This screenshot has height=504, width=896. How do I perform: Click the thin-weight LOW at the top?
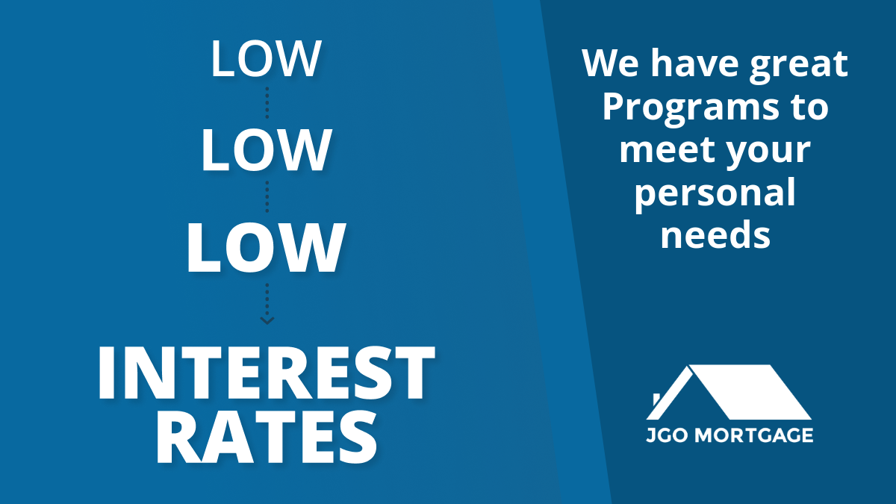click(266, 59)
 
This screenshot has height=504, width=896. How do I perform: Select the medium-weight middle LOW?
click(266, 150)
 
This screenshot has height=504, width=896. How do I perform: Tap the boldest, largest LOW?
click(266, 248)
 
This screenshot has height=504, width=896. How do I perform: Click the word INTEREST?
click(267, 373)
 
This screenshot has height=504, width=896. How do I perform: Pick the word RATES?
click(267, 438)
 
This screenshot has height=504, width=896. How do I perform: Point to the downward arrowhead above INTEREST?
click(267, 320)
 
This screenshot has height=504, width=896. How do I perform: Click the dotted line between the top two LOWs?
click(267, 102)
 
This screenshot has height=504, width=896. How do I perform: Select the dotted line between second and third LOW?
click(267, 197)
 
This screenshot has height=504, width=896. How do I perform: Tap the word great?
click(798, 66)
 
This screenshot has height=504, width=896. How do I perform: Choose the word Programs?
click(691, 110)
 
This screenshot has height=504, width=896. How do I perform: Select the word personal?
click(715, 194)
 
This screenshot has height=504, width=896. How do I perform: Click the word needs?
click(715, 234)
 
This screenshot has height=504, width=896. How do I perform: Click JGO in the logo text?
click(669, 435)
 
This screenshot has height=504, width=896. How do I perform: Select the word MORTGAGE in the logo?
click(754, 435)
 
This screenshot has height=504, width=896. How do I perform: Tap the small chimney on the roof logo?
click(657, 399)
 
